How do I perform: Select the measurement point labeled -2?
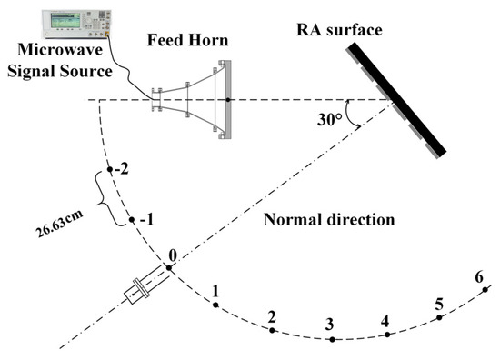[109, 169]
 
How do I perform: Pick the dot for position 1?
[215, 305]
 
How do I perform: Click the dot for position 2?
[272, 330]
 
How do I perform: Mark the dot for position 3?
[332, 340]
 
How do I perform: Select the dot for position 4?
[387, 335]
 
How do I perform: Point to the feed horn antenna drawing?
[192, 98]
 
